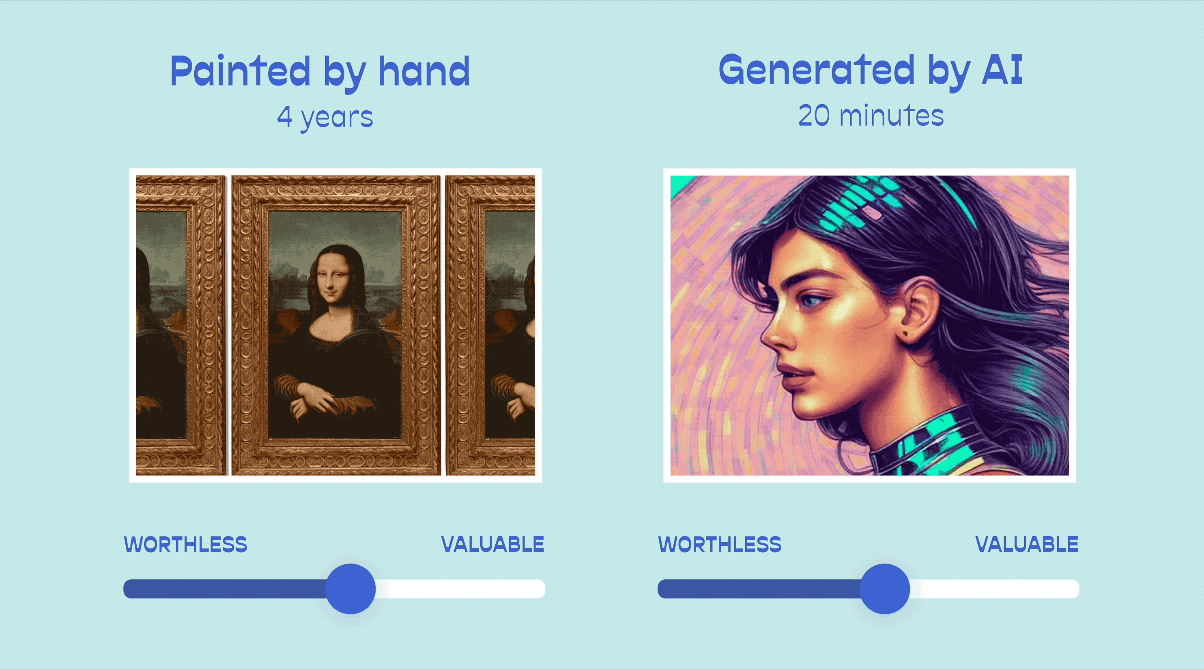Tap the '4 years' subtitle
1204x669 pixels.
tap(325, 117)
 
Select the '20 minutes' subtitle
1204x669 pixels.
tap(871, 116)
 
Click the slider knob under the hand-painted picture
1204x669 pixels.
tap(350, 589)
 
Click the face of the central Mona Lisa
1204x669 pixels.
tap(332, 280)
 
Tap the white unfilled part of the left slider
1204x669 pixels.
tap(460, 589)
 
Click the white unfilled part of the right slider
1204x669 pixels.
tap(995, 589)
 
